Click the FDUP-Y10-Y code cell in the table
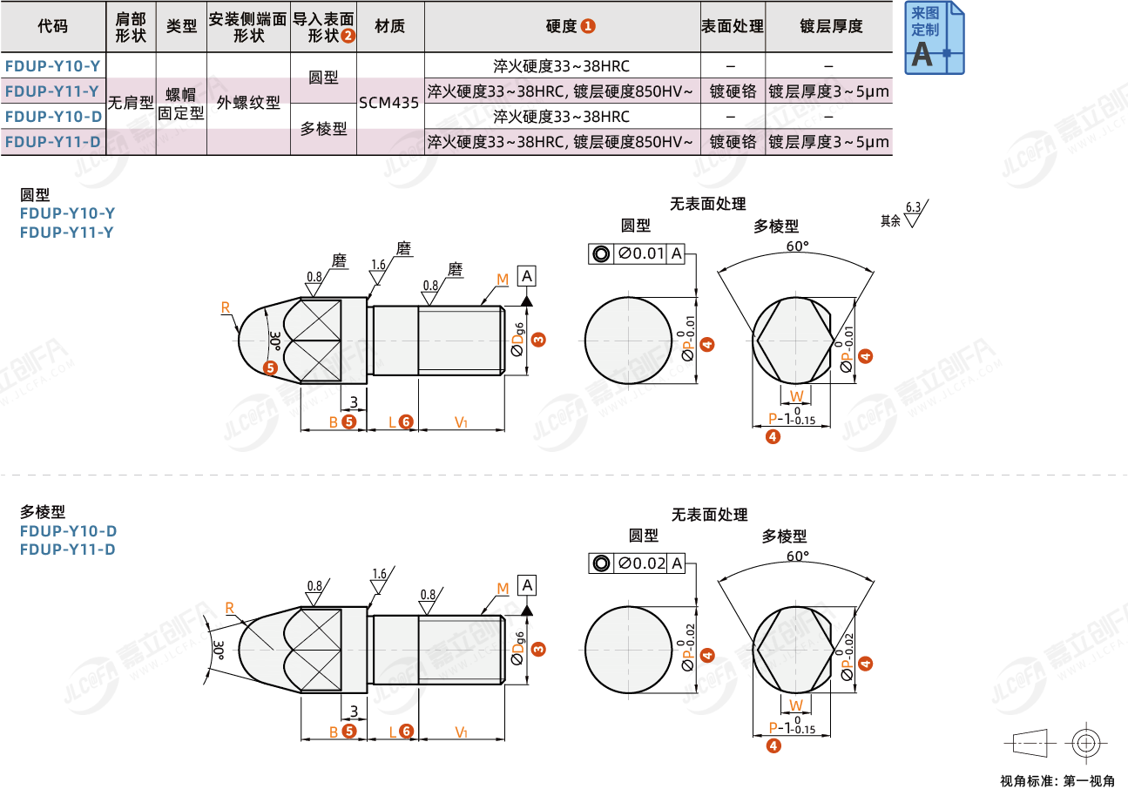53,66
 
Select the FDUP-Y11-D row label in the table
53,142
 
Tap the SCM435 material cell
389,103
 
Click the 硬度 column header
562,26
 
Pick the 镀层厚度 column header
830,26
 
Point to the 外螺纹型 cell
248,103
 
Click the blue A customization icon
935,38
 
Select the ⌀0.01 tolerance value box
641,254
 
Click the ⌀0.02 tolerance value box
641,563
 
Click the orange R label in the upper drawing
226,307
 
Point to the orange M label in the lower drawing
503,590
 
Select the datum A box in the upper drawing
527,276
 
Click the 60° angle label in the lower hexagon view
796,556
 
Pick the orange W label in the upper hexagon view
796,396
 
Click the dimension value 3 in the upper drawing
354,401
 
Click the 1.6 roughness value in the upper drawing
378,264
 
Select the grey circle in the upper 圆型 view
627,339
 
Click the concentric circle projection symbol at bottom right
1084,743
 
